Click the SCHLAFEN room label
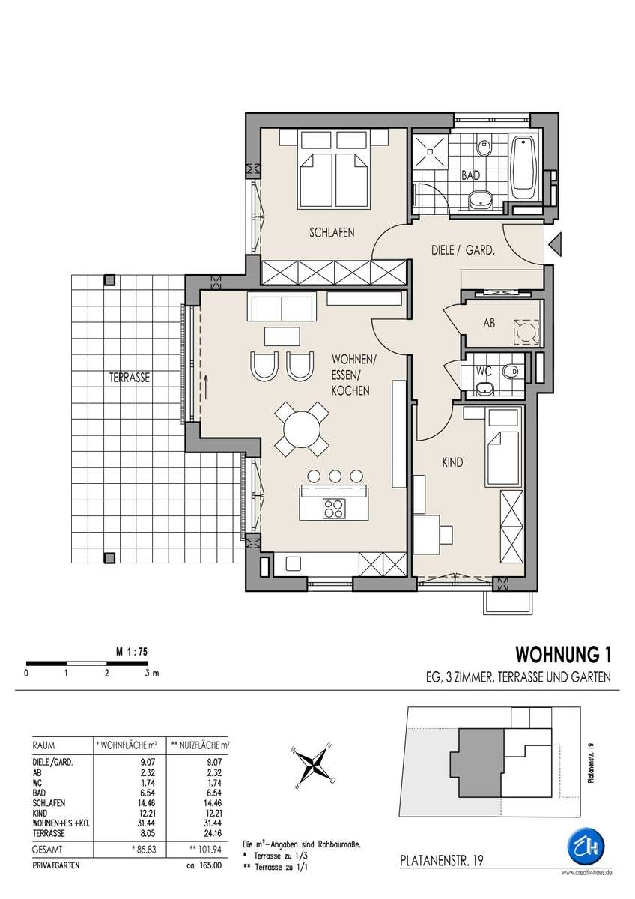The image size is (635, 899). point(332,232)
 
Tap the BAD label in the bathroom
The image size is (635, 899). point(470,175)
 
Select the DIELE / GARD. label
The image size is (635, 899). point(463,250)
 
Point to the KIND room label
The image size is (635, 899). point(452,462)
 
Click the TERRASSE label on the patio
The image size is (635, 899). point(129,378)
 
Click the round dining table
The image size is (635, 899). point(302,429)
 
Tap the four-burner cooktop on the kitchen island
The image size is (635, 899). point(333,509)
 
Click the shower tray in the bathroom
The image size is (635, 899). point(430,151)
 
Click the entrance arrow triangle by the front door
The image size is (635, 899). point(555,244)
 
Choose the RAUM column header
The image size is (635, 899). point(43,745)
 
